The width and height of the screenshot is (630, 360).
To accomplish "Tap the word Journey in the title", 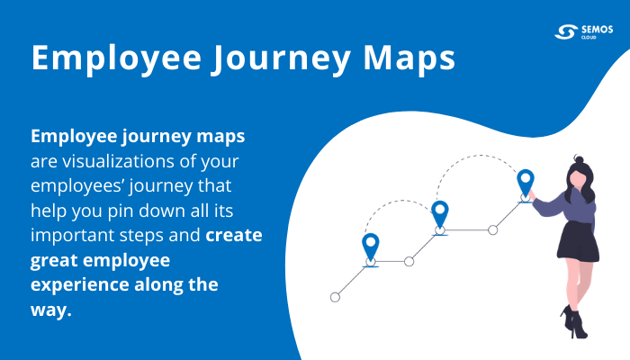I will (271, 58).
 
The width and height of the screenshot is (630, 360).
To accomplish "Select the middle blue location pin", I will (440, 214).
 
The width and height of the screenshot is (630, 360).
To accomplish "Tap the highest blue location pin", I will (526, 183).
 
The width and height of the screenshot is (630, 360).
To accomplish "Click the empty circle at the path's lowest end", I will (336, 296).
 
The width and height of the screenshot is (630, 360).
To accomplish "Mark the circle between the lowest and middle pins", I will (409, 262).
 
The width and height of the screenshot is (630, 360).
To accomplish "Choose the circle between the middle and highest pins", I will (492, 230).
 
